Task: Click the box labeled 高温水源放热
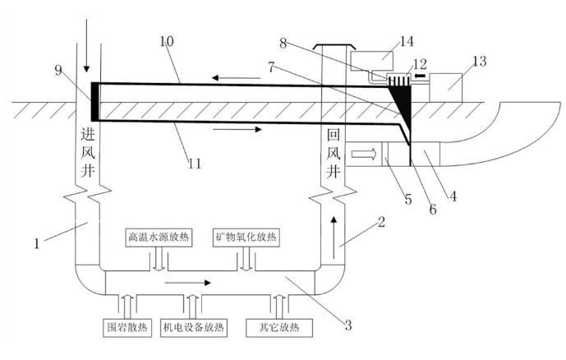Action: click(x=159, y=238)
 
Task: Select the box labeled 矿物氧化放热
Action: click(x=246, y=238)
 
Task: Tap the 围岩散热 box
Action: click(x=127, y=327)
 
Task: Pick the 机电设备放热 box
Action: click(x=194, y=327)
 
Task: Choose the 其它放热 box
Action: click(x=279, y=327)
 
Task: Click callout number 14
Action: click(x=407, y=42)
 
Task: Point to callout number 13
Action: click(x=480, y=62)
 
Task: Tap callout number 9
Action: click(x=58, y=70)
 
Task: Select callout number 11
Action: click(x=195, y=164)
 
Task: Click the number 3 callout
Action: click(x=348, y=325)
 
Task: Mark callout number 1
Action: click(x=36, y=244)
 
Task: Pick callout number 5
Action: click(x=408, y=199)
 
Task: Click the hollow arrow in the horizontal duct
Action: click(x=364, y=155)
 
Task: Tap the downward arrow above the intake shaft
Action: click(x=86, y=45)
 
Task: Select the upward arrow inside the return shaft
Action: click(x=334, y=238)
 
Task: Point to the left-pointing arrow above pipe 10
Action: click(x=236, y=77)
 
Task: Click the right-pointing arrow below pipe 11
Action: click(x=237, y=129)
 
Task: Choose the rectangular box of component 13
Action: click(x=446, y=88)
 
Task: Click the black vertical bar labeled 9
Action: click(x=94, y=102)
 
